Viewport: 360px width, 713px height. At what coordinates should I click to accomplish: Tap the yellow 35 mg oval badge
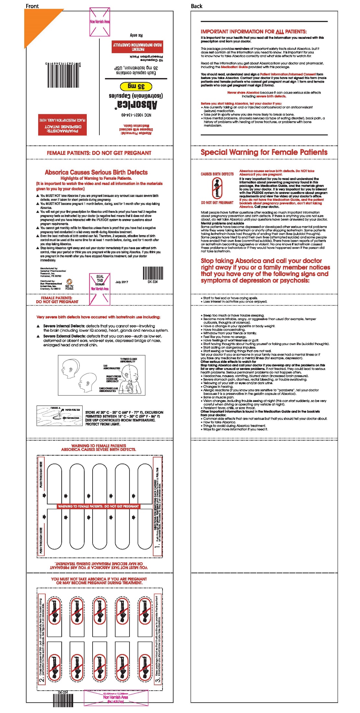tap(136, 86)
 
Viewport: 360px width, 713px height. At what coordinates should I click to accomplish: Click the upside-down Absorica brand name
tap(137, 104)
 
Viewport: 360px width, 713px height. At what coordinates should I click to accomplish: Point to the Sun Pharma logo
tap(69, 284)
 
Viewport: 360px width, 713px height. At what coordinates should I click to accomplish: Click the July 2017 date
tap(122, 282)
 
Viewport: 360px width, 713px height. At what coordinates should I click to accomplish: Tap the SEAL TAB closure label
tap(100, 280)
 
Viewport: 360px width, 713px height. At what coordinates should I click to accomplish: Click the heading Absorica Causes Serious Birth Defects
tap(96, 172)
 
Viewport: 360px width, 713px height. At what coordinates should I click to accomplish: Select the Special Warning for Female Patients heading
tap(264, 152)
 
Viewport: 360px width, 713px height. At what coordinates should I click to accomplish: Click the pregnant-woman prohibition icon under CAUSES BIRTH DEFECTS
tap(217, 188)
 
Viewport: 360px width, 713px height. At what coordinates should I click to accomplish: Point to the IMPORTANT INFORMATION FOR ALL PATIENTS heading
tap(253, 31)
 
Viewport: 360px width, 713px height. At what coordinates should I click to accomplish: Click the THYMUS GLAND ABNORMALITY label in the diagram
tap(128, 360)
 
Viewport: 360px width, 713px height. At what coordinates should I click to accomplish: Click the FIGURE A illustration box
tap(59, 415)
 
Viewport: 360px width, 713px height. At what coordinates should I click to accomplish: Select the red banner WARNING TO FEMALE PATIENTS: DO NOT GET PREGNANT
tap(98, 506)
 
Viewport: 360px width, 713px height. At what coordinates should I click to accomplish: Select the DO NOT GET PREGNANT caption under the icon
tap(217, 203)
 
